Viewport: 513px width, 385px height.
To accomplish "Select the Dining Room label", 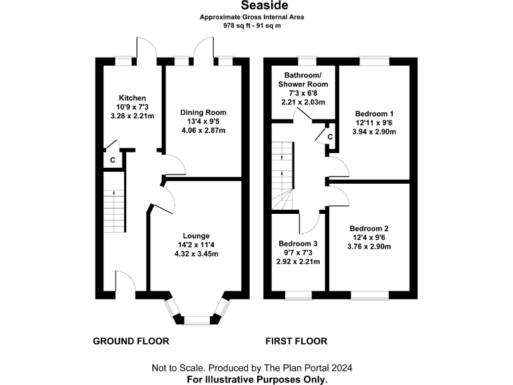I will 203,112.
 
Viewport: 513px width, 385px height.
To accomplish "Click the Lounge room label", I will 196,235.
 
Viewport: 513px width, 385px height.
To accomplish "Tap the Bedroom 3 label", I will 299,243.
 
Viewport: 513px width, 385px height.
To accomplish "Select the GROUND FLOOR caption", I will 130,341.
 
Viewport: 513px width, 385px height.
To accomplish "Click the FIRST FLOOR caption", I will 296,341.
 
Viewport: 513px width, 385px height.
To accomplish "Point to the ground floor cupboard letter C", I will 112,160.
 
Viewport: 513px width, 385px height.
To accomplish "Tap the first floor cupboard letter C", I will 329,137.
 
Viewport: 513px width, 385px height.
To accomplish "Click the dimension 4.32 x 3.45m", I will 196,253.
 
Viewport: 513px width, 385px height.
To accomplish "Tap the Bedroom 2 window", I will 369,295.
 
